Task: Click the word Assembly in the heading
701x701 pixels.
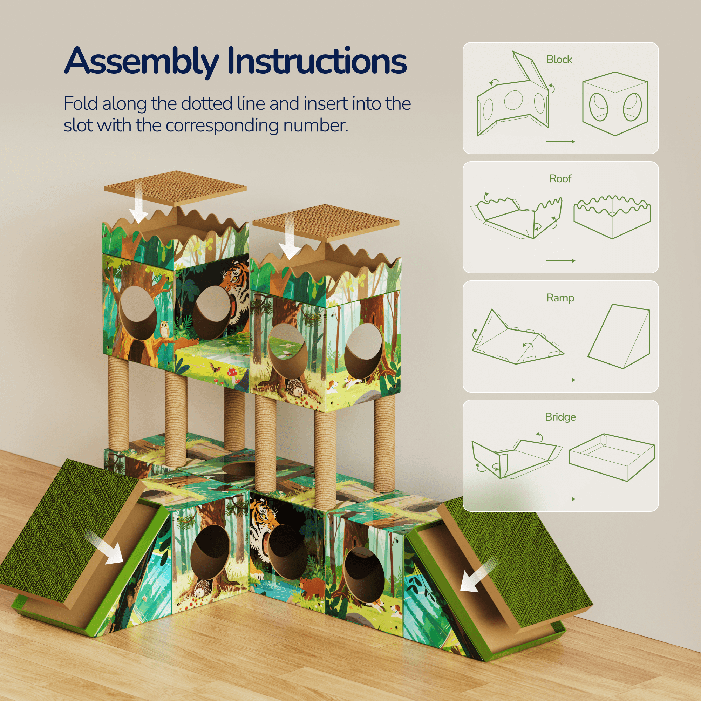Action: pos(142,62)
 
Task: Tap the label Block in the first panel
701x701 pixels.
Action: pos(559,60)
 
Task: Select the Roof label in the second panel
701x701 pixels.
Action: pos(560,178)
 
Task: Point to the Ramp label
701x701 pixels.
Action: pos(560,298)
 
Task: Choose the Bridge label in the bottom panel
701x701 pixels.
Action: pos(560,417)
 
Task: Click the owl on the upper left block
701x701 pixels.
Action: pos(164,330)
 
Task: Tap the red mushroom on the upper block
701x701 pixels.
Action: pos(231,372)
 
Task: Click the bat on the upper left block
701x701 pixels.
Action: pos(215,368)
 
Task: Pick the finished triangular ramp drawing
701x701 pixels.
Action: pos(619,336)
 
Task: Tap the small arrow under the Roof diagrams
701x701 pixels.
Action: pos(560,260)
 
